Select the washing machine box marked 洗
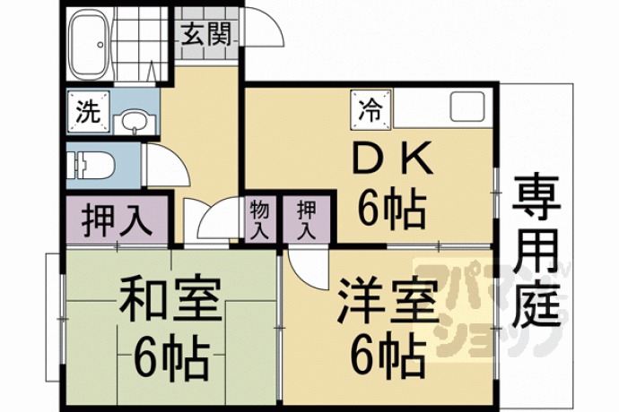(x=89, y=112)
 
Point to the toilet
(x=91, y=165)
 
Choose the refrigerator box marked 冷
(x=371, y=109)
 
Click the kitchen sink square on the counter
(x=467, y=107)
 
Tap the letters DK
(x=392, y=159)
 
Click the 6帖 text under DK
(x=392, y=209)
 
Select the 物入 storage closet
(x=259, y=219)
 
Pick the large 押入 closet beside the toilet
(x=117, y=219)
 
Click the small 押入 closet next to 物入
(x=307, y=219)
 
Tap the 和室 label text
(x=170, y=298)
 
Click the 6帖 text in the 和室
(x=170, y=356)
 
